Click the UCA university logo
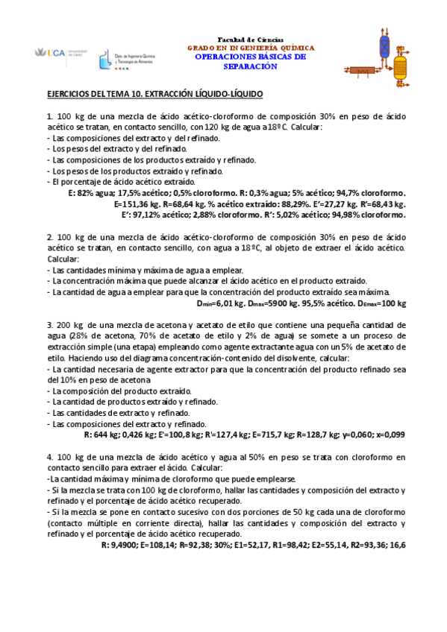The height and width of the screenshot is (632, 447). pos(53,53)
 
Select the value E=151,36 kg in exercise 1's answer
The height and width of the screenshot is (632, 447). pos(137,203)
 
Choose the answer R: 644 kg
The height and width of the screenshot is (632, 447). pos(102,434)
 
